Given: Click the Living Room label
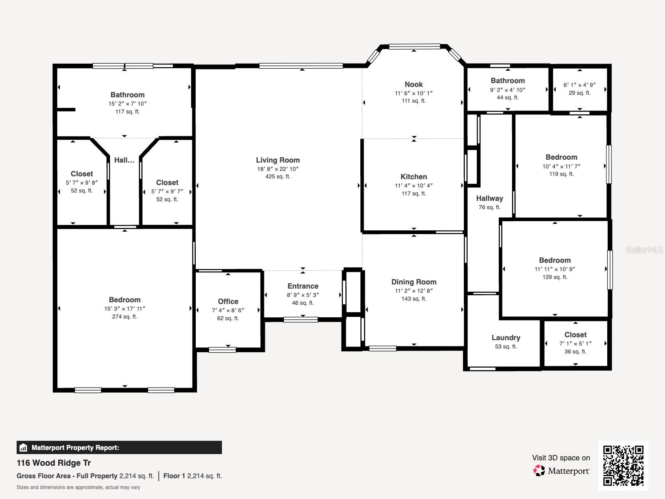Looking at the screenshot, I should [x=278, y=160].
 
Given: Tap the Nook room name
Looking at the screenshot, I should [x=414, y=84].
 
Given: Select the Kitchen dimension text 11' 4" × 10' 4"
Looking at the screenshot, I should [x=414, y=185].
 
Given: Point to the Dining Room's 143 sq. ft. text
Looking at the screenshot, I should [x=414, y=299].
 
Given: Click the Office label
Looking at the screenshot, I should [x=228, y=301].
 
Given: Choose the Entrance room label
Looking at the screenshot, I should [x=303, y=286].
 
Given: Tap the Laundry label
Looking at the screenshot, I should [x=505, y=338].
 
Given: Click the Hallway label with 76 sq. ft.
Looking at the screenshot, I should [x=489, y=198].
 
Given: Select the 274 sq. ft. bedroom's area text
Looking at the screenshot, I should [x=124, y=316].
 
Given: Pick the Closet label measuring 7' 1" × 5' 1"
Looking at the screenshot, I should [x=575, y=335].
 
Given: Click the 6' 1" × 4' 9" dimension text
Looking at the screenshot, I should [x=579, y=85].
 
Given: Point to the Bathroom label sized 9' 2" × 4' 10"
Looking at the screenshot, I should [x=507, y=81].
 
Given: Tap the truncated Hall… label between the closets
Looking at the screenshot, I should [x=124, y=160].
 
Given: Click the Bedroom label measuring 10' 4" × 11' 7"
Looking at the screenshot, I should [x=561, y=157].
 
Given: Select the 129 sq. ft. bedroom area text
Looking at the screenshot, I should [x=554, y=277].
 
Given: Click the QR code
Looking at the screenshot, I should [x=623, y=465].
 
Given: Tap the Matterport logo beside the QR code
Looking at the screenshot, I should [x=562, y=471].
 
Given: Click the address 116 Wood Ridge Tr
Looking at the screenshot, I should [x=54, y=463].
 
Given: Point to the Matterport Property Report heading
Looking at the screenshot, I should [x=75, y=447].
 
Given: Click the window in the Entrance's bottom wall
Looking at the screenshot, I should [x=300, y=319].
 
